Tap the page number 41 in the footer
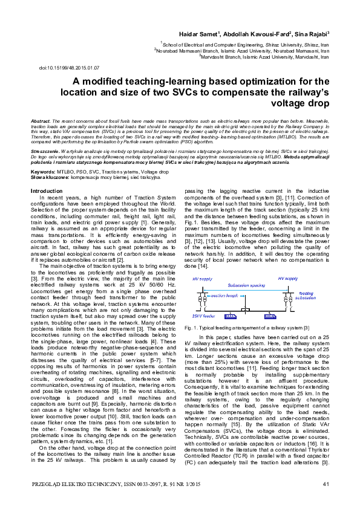(326, 484)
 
